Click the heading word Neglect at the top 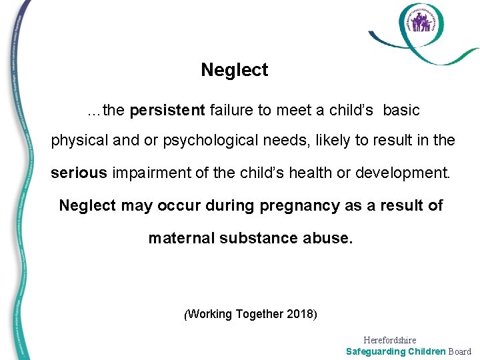click(x=234, y=70)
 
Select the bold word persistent click(x=167, y=111)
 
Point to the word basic click(x=401, y=111)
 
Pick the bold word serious click(x=79, y=173)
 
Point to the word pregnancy click(x=291, y=206)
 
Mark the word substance click(x=263, y=238)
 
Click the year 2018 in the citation click(x=301, y=313)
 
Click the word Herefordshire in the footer click(x=390, y=340)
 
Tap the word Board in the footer click(x=460, y=351)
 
